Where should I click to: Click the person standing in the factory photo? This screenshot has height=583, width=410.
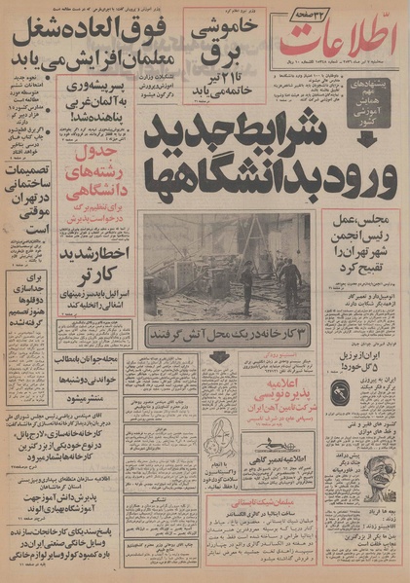[288, 278]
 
